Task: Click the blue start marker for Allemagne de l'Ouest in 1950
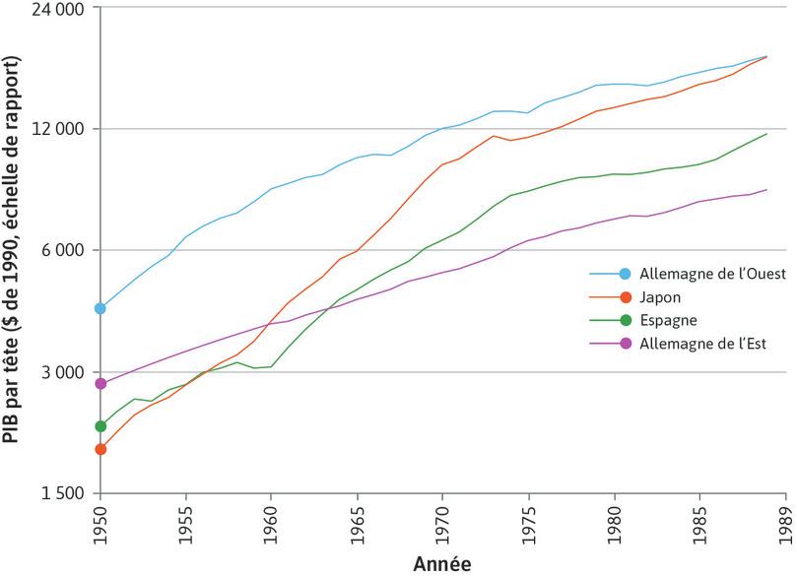coord(100,308)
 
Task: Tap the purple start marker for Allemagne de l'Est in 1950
coord(100,383)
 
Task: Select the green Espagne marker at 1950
coord(100,426)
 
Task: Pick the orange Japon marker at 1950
coord(100,449)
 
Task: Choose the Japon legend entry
coord(660,296)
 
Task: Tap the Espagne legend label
coord(668,320)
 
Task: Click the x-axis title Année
coord(442,563)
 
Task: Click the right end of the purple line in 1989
coord(766,190)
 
